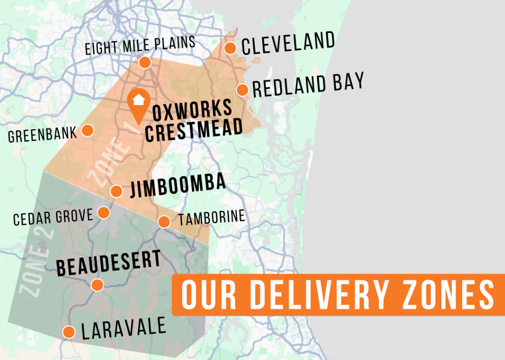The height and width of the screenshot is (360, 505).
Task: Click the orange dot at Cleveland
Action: click(230, 48)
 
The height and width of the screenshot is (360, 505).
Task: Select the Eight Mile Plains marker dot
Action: click(145, 62)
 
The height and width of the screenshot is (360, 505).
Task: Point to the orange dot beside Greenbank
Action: click(87, 130)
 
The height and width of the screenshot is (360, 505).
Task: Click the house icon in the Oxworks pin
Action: click(138, 99)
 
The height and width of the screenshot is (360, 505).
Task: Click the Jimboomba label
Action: click(178, 185)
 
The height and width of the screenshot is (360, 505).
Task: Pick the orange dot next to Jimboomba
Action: click(117, 191)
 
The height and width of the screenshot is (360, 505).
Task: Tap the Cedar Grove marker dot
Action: click(104, 213)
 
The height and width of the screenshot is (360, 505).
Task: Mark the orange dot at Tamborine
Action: click(164, 222)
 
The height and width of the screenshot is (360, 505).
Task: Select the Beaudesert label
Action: click(109, 263)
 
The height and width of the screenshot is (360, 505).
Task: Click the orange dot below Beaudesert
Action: click(97, 285)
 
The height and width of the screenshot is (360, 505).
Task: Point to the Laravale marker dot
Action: click(69, 332)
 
